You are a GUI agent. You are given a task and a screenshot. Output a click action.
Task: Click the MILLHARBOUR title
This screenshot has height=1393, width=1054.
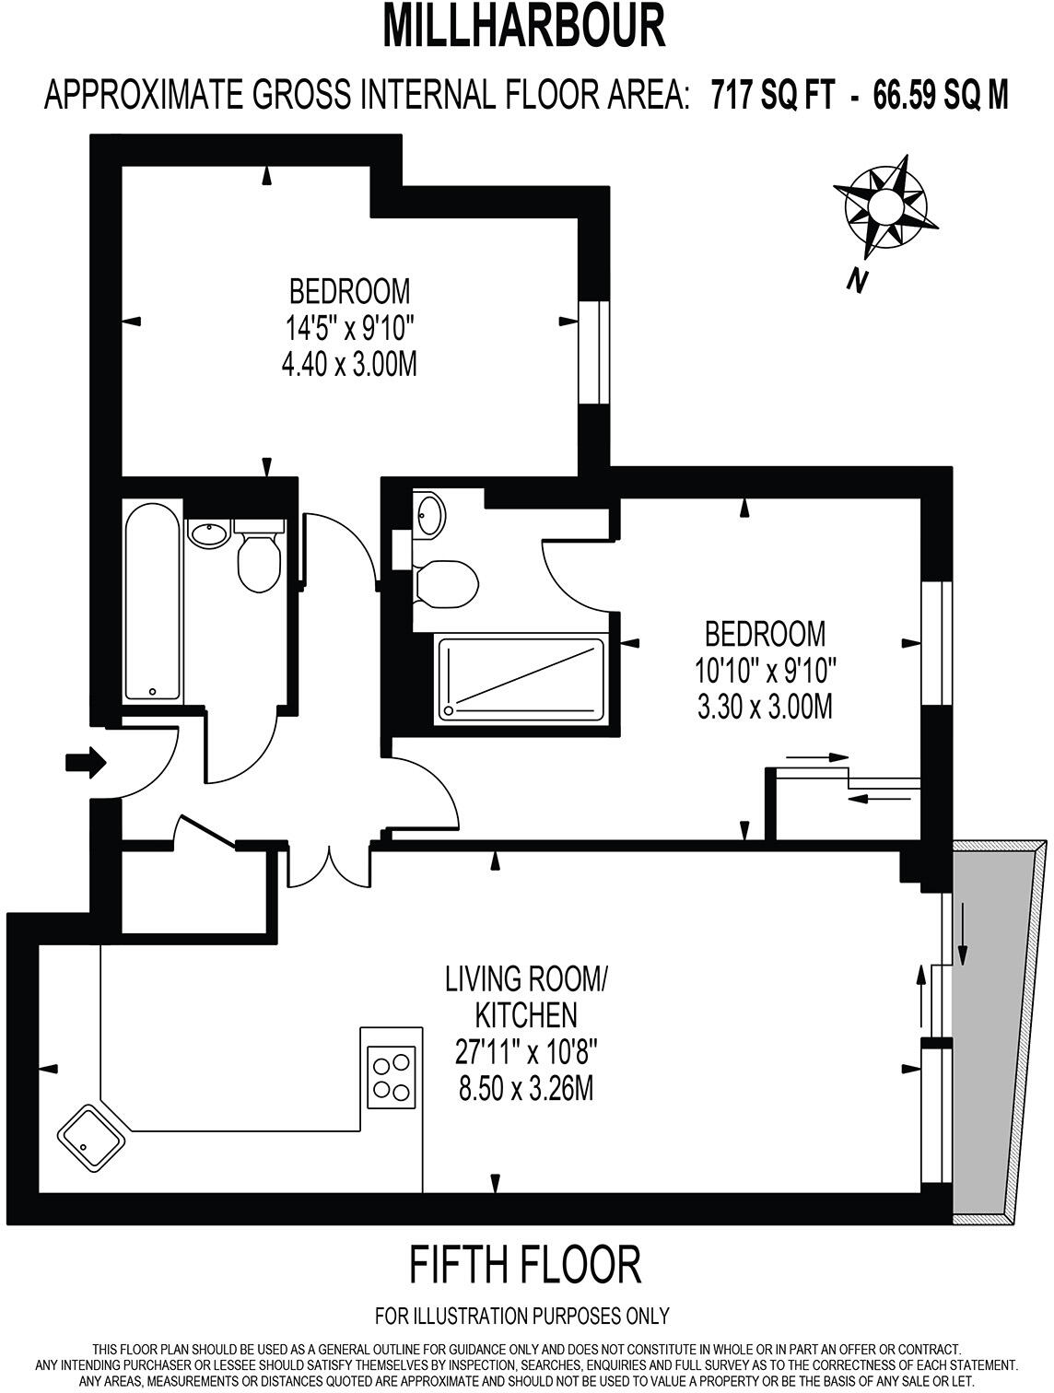523,28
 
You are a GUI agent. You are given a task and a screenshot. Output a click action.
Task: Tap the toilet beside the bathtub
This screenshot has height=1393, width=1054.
259,564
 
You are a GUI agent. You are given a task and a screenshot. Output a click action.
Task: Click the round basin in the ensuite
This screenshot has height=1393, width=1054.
429,512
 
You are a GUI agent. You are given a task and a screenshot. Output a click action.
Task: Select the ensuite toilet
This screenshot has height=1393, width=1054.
446,584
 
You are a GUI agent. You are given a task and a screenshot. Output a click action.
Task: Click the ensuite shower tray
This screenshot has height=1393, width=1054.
521,678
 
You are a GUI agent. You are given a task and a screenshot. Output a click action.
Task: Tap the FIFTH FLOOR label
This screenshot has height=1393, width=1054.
524,1265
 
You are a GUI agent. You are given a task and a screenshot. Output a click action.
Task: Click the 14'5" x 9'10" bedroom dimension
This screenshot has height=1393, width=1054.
349,327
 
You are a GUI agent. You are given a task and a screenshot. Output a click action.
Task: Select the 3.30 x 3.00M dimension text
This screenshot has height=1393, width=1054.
765,707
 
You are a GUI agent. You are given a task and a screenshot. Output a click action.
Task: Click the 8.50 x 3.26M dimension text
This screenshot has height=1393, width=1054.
525,1089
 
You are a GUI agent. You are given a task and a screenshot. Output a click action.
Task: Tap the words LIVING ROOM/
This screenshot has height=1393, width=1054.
525,978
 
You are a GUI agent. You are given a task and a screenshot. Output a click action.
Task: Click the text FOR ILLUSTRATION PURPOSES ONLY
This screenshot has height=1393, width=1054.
522,1316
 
